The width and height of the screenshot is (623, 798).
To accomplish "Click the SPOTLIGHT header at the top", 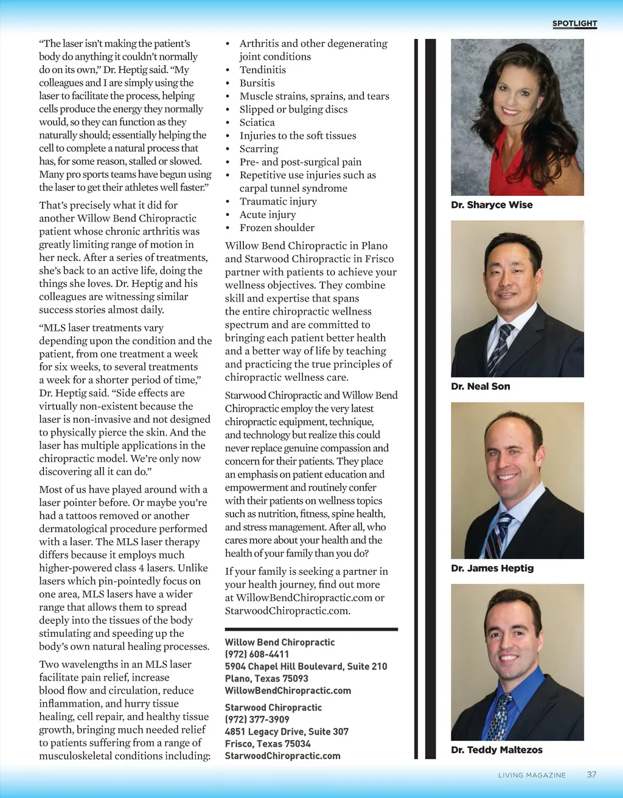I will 574,24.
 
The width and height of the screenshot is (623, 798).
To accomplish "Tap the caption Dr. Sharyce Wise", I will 492,205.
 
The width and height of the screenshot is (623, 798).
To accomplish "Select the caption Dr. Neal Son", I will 481,386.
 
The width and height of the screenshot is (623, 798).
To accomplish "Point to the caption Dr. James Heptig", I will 492,568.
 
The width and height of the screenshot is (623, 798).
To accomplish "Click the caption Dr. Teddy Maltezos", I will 496,750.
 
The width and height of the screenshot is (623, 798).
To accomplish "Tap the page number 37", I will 591,774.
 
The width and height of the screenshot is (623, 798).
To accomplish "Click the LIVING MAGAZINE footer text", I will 532,775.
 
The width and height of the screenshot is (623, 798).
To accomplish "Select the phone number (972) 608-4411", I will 257,654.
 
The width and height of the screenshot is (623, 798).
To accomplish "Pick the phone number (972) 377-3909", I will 257,720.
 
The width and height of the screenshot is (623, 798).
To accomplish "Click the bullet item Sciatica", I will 257,122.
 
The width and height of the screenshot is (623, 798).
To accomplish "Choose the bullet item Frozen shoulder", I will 277,227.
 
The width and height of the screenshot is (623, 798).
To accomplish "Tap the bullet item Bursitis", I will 257,83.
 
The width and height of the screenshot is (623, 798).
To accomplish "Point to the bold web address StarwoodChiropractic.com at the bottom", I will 282,756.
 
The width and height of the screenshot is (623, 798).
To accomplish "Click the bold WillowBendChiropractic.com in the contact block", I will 288,690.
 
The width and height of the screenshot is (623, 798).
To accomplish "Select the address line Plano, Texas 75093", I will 266,678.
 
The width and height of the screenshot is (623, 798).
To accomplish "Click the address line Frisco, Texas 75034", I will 268,744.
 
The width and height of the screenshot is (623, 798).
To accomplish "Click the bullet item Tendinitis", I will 262,70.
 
